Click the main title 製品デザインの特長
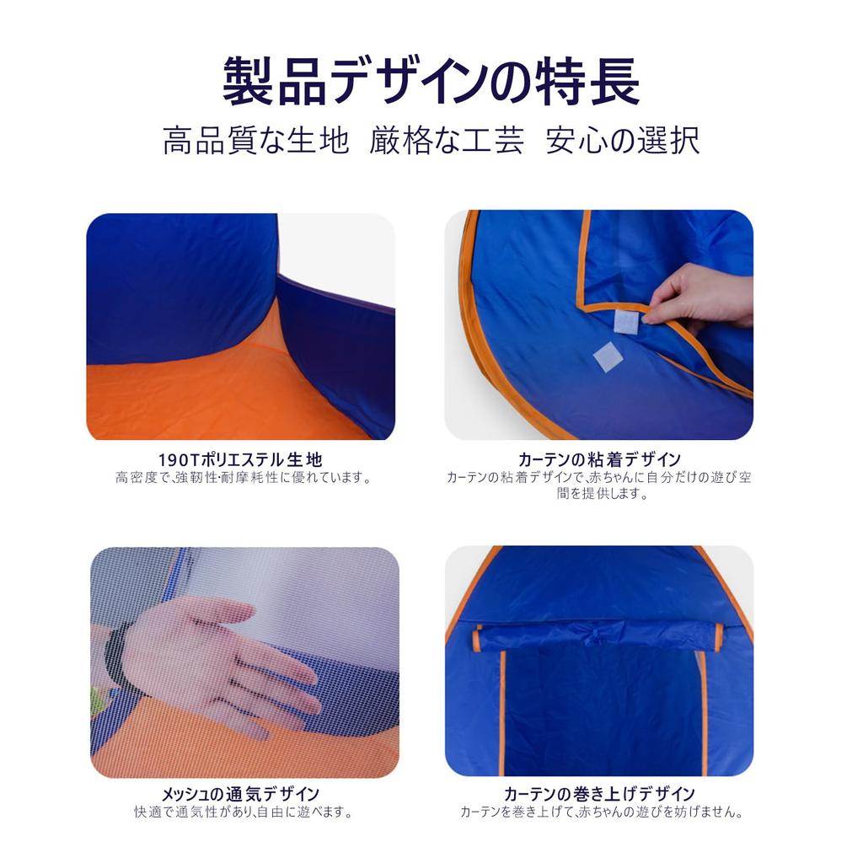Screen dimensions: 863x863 (x=431, y=83)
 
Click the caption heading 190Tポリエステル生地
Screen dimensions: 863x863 (x=240, y=460)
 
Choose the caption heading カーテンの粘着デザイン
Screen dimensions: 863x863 (x=599, y=460)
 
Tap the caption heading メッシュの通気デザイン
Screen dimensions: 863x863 (x=240, y=794)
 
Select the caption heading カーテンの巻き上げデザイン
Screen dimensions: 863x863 (x=599, y=794)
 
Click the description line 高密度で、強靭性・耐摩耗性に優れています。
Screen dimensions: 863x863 (x=244, y=478)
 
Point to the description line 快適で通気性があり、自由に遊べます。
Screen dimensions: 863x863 (x=243, y=812)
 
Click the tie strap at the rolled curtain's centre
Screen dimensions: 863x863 (x=594, y=634)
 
